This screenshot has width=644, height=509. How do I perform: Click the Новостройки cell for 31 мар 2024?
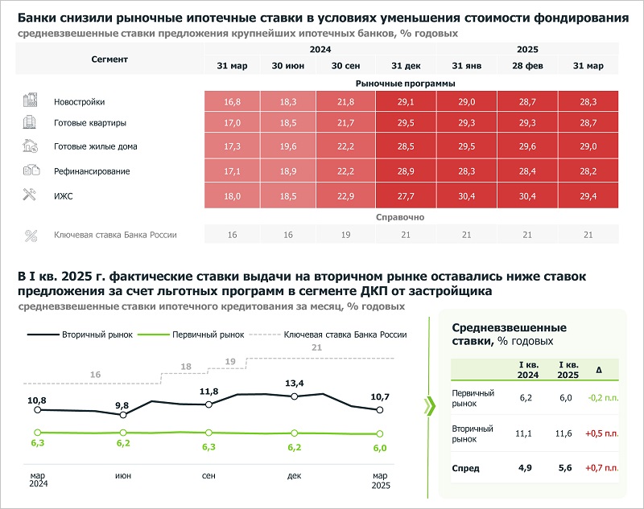(x=233, y=102)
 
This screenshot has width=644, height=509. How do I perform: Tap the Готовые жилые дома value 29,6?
(x=527, y=147)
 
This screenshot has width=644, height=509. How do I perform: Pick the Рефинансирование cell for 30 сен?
(x=345, y=170)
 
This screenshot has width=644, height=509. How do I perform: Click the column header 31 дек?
(x=406, y=65)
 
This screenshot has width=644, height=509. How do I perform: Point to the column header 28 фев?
(x=527, y=65)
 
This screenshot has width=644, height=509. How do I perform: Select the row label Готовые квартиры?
(x=89, y=124)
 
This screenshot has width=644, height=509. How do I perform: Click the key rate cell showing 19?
(x=345, y=235)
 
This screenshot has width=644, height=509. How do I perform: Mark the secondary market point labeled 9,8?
(x=123, y=415)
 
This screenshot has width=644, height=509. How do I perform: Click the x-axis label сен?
(x=208, y=476)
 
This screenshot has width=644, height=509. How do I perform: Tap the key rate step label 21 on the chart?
(x=316, y=347)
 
